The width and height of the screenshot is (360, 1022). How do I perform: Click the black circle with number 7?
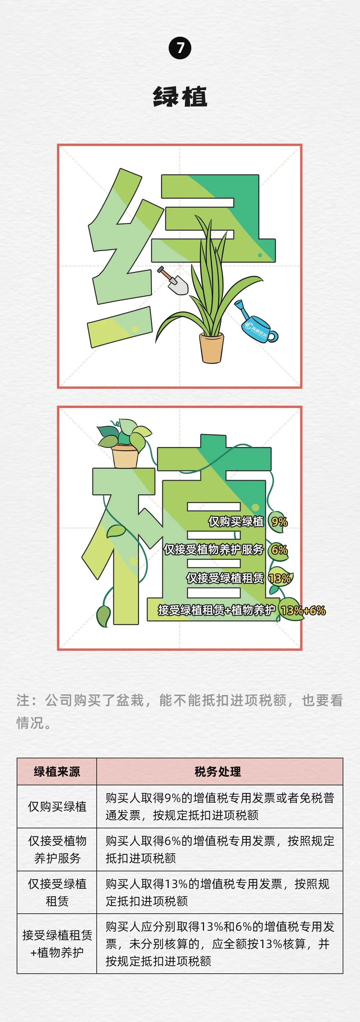(x=180, y=48)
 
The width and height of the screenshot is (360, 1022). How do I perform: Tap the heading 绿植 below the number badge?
(x=180, y=96)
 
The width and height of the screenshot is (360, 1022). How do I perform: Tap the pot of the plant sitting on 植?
(x=126, y=457)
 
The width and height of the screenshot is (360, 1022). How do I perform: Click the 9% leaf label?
(x=279, y=522)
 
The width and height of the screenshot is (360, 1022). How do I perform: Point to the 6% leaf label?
(x=279, y=550)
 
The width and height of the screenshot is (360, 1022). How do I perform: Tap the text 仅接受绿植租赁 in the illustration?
(x=225, y=578)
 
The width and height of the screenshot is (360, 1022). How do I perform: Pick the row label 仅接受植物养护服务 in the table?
(x=57, y=856)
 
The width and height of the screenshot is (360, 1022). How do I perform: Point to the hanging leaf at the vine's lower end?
(x=103, y=616)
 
